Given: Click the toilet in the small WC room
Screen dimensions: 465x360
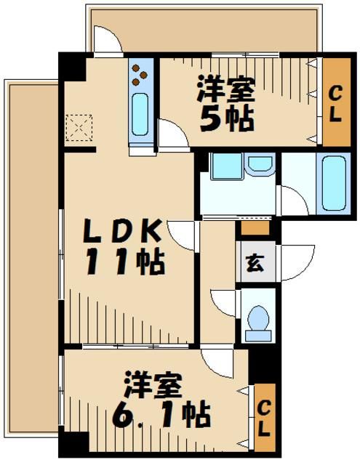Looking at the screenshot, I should [257, 320].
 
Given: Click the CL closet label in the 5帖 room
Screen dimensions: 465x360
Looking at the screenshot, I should [335, 105].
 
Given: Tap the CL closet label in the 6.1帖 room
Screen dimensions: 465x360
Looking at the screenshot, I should [265, 417].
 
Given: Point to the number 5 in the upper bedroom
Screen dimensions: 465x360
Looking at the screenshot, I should [209, 119].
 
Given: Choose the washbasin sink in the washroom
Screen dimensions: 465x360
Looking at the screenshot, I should [257, 166].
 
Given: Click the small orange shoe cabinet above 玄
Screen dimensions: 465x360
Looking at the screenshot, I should [255, 227].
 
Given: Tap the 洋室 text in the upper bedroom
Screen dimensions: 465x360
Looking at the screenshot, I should [225, 91].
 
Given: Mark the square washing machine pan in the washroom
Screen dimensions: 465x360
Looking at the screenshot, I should [225, 166].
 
